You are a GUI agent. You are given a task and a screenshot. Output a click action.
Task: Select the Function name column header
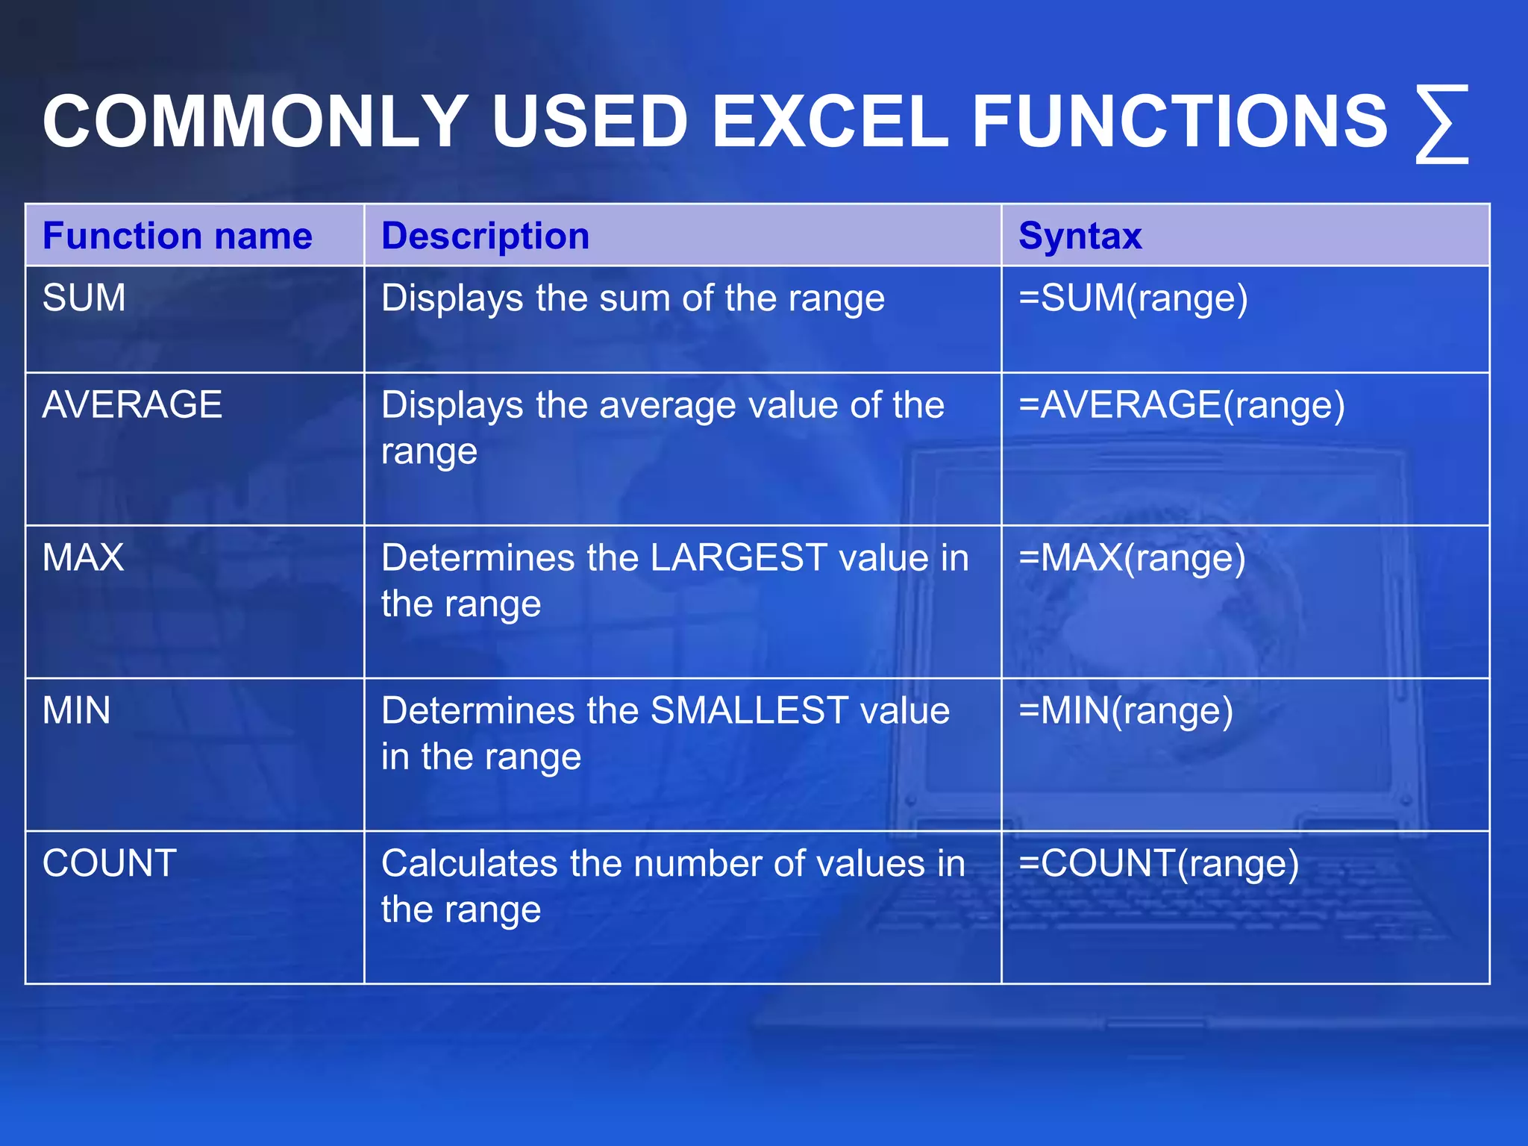[x=178, y=237]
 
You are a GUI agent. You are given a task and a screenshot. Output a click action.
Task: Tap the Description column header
[x=485, y=237]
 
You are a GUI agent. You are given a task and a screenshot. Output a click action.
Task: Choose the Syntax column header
[x=1080, y=237]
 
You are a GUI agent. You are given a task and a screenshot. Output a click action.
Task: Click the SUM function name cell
[x=84, y=298]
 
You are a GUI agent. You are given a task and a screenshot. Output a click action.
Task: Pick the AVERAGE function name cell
[x=132, y=405]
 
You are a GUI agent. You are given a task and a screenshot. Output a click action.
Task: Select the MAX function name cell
[x=83, y=558]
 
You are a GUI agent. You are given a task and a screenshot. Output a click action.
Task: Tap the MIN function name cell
[x=76, y=711]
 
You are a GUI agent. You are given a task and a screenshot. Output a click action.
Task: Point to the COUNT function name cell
[x=109, y=864]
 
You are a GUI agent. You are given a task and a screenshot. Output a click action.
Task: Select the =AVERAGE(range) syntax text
[x=1181, y=406]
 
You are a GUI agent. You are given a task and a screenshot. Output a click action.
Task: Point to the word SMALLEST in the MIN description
[x=749, y=711]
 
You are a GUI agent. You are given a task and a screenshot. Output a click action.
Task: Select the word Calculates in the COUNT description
[x=469, y=864]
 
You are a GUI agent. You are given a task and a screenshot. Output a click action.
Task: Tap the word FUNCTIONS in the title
[x=1180, y=122]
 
